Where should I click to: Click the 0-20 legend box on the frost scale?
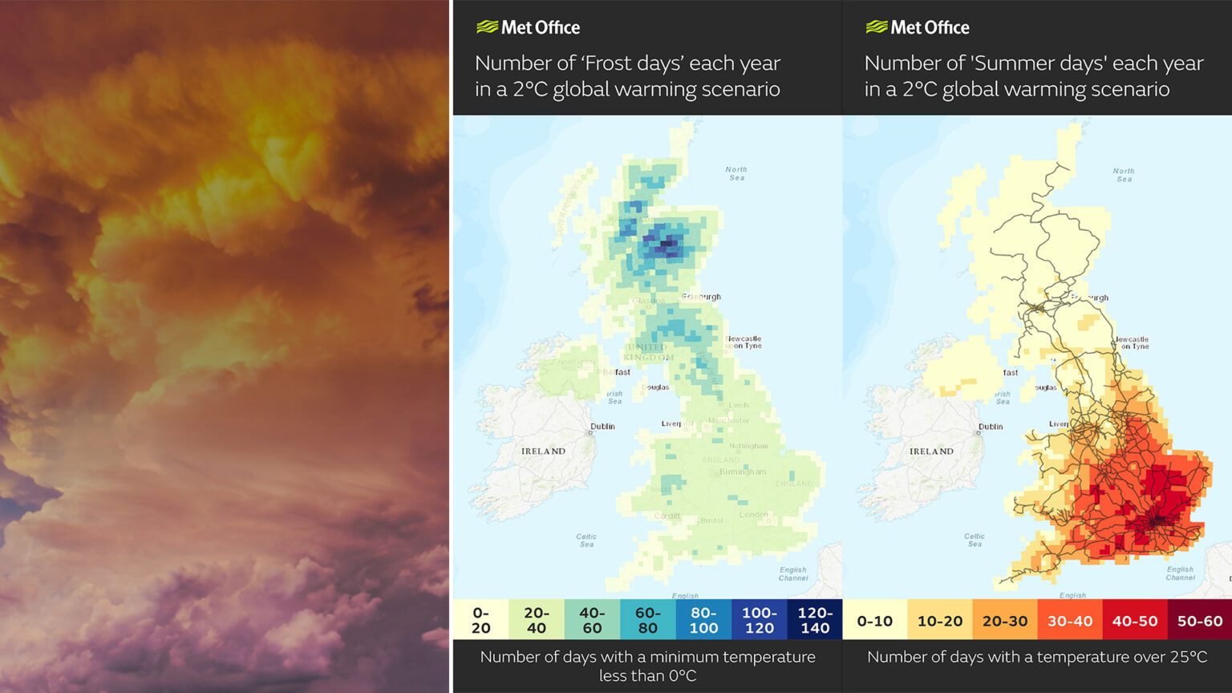tap(480, 620)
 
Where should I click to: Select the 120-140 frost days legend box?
tap(814, 620)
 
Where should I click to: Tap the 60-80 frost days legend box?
tap(647, 620)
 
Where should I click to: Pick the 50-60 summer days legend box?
tap(1199, 621)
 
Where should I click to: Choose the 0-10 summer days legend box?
tap(874, 621)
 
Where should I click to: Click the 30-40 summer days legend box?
tap(1069, 621)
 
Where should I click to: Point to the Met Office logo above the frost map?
tap(528, 27)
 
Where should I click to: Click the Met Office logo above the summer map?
tap(918, 27)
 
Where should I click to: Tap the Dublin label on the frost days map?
tap(602, 427)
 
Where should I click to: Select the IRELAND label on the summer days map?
tap(931, 452)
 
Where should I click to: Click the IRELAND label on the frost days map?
tap(543, 452)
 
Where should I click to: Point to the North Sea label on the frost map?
tap(736, 173)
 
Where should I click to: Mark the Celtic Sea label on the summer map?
tap(975, 540)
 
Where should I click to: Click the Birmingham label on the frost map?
tap(743, 472)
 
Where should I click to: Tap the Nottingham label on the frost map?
tap(748, 446)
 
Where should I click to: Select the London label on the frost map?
tap(753, 515)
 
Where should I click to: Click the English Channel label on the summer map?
tap(1180, 573)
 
